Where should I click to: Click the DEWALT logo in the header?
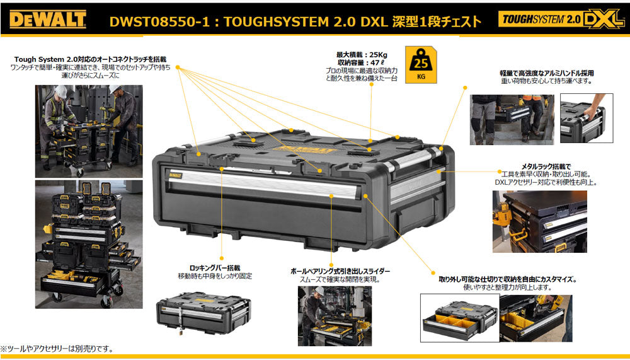(x=48, y=20)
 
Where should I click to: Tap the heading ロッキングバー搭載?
(x=215, y=267)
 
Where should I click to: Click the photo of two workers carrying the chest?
(x=512, y=120)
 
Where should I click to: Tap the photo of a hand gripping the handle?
(x=582, y=119)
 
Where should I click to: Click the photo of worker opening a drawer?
(x=335, y=316)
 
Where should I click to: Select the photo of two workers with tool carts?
(x=89, y=126)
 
